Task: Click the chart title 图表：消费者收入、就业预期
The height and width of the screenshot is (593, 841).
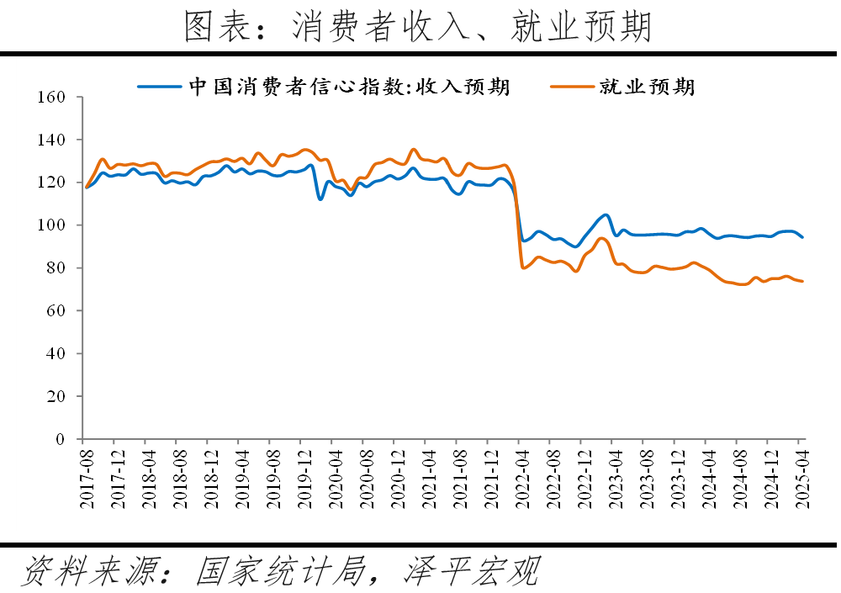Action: [x=418, y=27]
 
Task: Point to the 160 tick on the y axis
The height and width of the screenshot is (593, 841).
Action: [x=52, y=97]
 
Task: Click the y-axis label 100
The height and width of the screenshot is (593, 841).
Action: [x=52, y=225]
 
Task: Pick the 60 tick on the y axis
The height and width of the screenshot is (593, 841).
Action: [x=56, y=311]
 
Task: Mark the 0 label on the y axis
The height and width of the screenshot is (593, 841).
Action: [x=61, y=439]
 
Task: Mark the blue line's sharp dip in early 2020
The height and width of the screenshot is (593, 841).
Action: [x=320, y=199]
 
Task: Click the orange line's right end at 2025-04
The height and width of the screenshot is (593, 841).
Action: [x=802, y=281]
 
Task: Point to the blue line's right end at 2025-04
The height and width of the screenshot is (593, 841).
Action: [x=802, y=237]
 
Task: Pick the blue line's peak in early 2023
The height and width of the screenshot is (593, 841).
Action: [x=606, y=214]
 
